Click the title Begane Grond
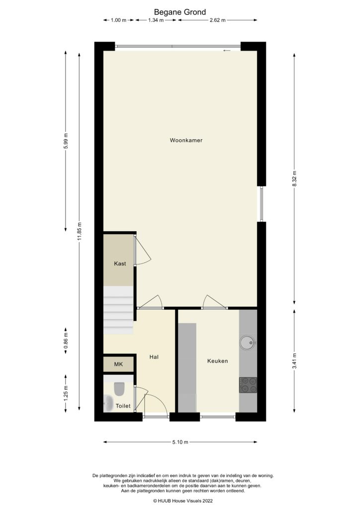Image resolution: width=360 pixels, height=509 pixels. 180,11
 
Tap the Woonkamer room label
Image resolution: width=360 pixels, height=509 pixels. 186,141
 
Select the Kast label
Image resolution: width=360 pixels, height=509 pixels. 119,264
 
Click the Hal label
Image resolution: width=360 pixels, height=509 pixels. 154,357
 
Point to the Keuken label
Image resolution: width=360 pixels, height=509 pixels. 217,361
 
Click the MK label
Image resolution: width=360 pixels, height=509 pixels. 118,365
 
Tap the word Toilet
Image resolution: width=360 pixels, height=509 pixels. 123,406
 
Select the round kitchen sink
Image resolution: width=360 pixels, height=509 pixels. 247,342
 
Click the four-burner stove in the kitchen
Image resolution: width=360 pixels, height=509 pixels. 248,385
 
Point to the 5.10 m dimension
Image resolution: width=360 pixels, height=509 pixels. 180,442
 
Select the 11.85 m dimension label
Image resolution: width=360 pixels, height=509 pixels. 80,232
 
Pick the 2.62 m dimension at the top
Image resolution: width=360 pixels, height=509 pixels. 217,20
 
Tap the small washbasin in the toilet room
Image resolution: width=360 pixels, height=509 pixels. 108,403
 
